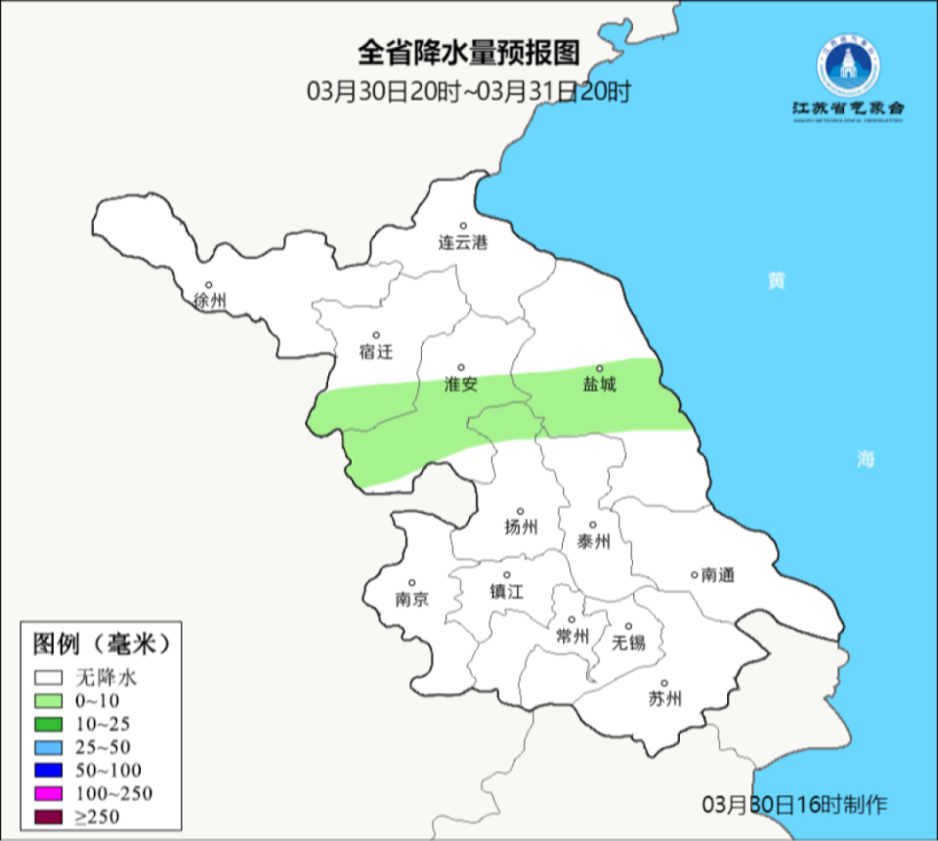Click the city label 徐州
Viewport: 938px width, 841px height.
pyautogui.click(x=210, y=301)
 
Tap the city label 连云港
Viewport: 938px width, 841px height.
pyautogui.click(x=462, y=242)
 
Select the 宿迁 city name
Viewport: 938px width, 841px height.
pyautogui.click(x=375, y=352)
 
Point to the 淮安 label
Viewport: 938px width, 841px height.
pyautogui.click(x=460, y=385)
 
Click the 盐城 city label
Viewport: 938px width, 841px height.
pyautogui.click(x=600, y=385)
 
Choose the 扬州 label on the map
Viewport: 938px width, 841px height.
pyautogui.click(x=521, y=527)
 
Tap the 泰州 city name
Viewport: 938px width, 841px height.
pyautogui.click(x=593, y=541)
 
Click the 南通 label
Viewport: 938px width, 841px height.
pyautogui.click(x=717, y=575)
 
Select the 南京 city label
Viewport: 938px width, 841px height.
pyautogui.click(x=412, y=600)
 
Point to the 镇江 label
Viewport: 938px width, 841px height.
pyautogui.click(x=507, y=592)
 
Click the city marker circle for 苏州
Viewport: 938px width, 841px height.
pyautogui.click(x=664, y=684)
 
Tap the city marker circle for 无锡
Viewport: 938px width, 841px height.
pyautogui.click(x=629, y=626)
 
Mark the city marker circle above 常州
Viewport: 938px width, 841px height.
pyautogui.click(x=573, y=618)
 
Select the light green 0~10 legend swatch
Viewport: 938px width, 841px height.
pyautogui.click(x=48, y=700)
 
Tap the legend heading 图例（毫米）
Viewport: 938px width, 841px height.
pyautogui.click(x=102, y=644)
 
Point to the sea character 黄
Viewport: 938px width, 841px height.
pyautogui.click(x=776, y=281)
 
